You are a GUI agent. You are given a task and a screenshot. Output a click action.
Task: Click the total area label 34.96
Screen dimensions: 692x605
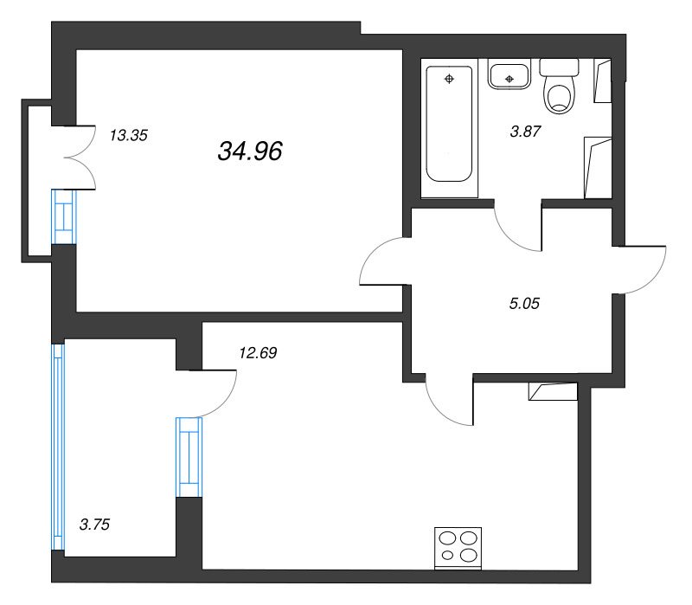point(250,151)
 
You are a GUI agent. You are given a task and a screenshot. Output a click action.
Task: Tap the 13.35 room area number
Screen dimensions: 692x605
point(128,135)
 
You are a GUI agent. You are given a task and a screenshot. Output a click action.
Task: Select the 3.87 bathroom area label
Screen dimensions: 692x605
point(525,132)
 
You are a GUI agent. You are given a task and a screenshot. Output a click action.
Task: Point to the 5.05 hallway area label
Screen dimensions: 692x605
point(524,304)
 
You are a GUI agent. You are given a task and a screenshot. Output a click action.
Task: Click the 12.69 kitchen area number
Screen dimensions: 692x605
point(258,353)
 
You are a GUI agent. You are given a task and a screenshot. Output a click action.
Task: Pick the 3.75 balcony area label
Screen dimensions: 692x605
point(94,525)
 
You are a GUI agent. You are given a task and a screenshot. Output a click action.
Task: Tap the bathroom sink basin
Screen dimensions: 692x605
point(509,74)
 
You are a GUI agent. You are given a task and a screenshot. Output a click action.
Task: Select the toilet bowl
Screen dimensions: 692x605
point(560,95)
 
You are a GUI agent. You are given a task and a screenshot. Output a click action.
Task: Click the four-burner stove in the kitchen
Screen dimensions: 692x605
point(458,548)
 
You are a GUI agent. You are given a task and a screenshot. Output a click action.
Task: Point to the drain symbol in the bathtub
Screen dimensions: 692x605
point(449,79)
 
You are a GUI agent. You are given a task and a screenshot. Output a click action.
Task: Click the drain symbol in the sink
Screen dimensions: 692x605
point(509,79)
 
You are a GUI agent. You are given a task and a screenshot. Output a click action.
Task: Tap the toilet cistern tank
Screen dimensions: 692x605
point(559,68)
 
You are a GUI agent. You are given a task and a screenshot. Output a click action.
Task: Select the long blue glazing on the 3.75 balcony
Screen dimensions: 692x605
point(58,447)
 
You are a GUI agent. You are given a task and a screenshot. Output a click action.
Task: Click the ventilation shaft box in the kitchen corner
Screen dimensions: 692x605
point(553,392)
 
